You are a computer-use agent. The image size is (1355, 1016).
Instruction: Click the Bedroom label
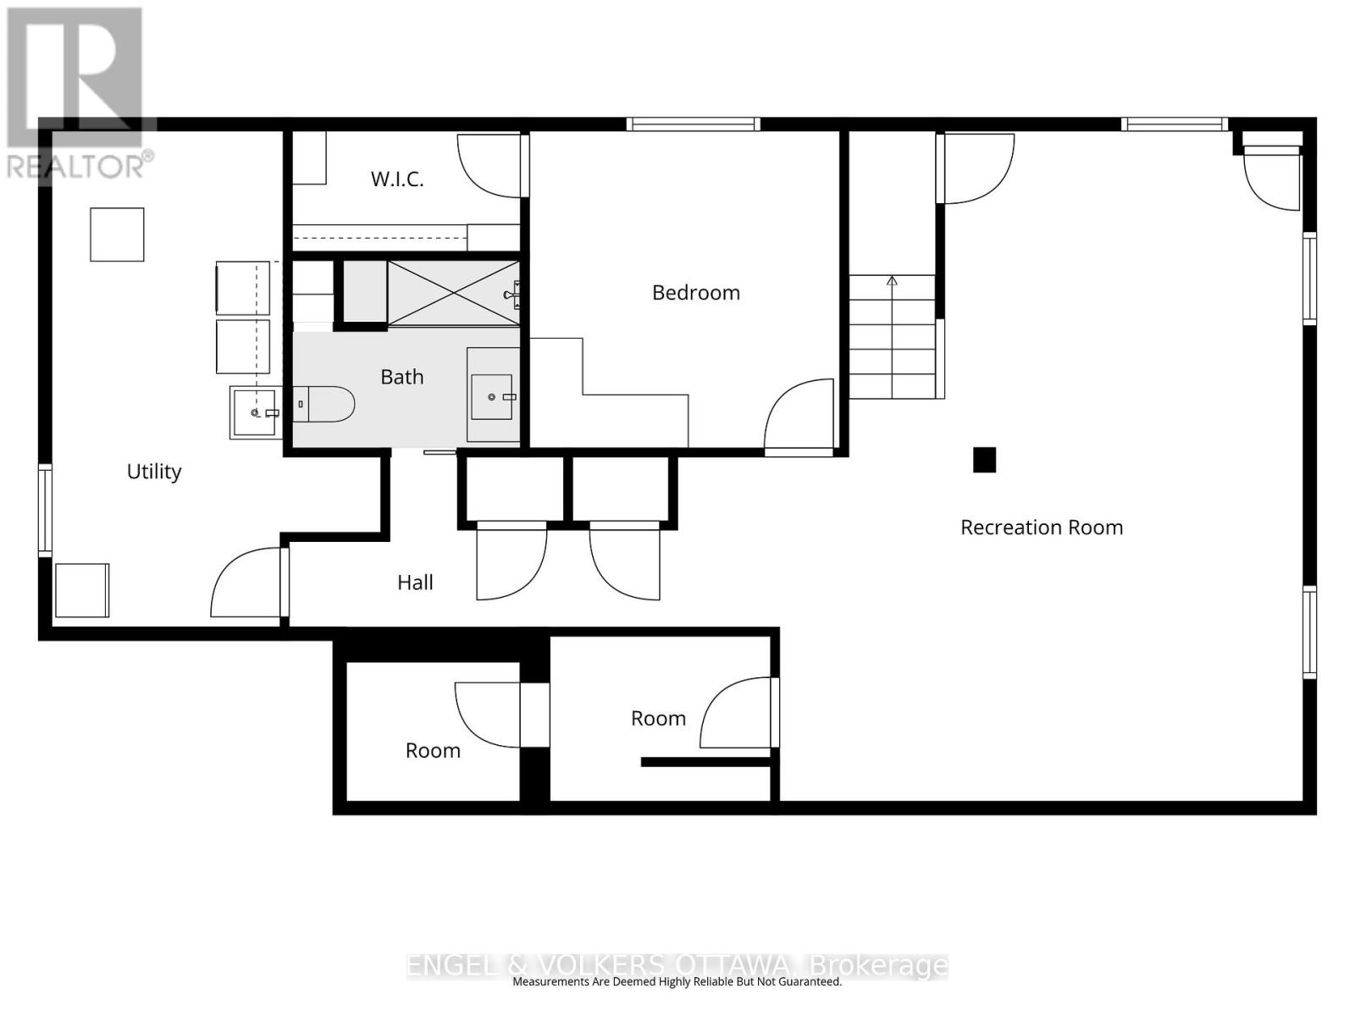pyautogui.click(x=695, y=293)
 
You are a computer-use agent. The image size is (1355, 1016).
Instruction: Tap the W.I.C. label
pyautogui.click(x=397, y=179)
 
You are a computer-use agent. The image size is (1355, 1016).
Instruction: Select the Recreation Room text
pyautogui.click(x=1041, y=527)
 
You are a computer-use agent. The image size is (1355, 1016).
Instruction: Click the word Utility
pyautogui.click(x=154, y=472)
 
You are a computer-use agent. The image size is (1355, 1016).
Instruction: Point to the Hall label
pyautogui.click(x=415, y=583)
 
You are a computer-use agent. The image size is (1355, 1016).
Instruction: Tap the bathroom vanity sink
pyautogui.click(x=491, y=396)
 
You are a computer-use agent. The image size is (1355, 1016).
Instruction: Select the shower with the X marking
pyautogui.click(x=453, y=293)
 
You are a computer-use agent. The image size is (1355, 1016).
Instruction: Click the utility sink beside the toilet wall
pyautogui.click(x=254, y=412)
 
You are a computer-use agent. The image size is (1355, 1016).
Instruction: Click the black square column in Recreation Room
pyautogui.click(x=984, y=460)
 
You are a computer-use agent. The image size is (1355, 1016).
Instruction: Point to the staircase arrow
pyautogui.click(x=891, y=282)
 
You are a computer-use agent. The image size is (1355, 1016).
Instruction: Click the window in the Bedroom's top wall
pyautogui.click(x=693, y=124)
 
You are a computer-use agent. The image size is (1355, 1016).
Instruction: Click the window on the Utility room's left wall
pyautogui.click(x=46, y=510)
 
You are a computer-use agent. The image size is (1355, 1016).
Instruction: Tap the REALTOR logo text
pyautogui.click(x=80, y=165)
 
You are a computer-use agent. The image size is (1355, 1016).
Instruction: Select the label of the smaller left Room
pyautogui.click(x=433, y=751)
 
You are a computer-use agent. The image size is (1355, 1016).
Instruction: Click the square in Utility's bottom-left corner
pyautogui.click(x=82, y=590)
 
